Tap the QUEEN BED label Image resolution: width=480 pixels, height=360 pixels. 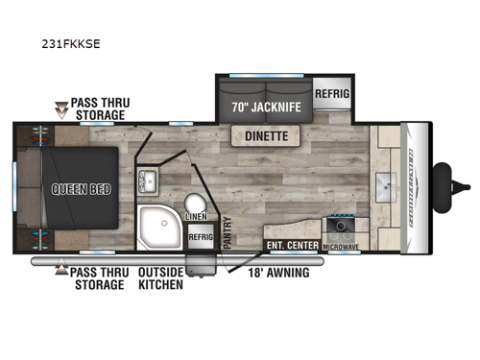tap(67, 189)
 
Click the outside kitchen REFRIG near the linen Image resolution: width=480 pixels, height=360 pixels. tap(200, 235)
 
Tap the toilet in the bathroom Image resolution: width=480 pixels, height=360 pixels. tap(195, 203)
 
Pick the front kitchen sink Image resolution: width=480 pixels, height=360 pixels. tap(388, 185)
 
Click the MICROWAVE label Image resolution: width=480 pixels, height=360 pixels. tap(341, 248)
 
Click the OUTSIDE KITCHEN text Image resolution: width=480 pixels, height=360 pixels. tap(161, 279)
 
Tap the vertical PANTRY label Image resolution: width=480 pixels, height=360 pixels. tap(228, 234)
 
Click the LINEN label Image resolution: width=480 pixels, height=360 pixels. tap(196, 218)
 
